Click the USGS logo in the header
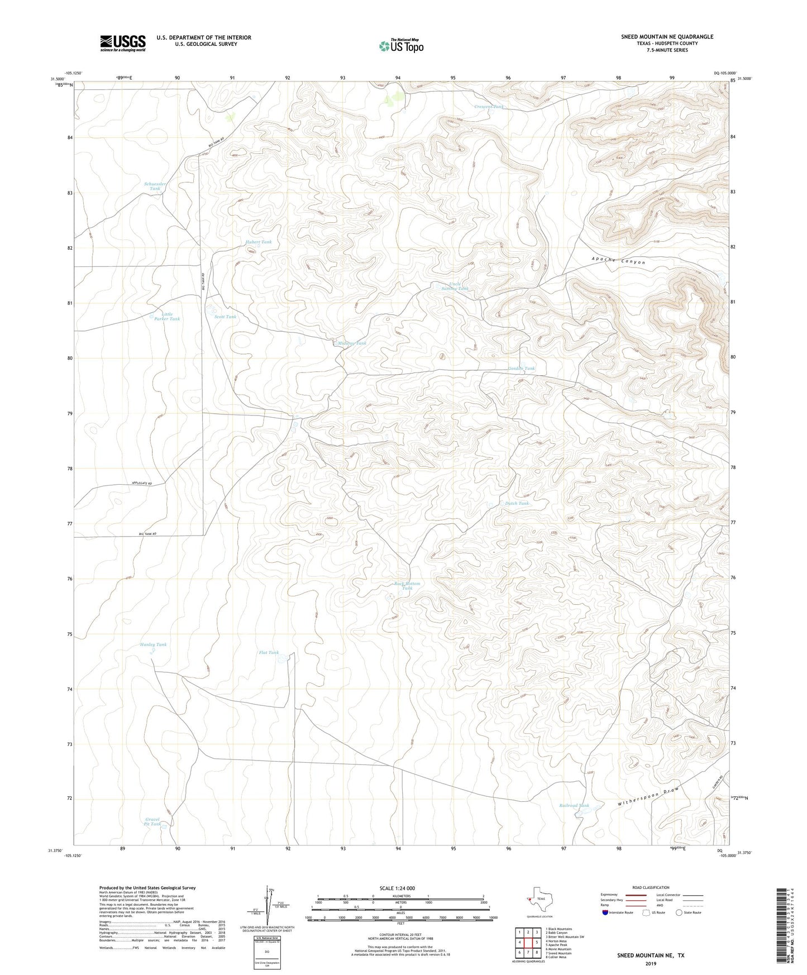pyautogui.click(x=123, y=43)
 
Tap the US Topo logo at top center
pyautogui.click(x=401, y=46)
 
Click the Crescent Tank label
pyautogui.click(x=489, y=107)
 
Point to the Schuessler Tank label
pyautogui.click(x=155, y=186)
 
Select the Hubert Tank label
pyautogui.click(x=259, y=242)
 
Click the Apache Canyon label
pyautogui.click(x=618, y=261)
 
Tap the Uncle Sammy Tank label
pyautogui.click(x=455, y=286)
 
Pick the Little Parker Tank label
pyautogui.click(x=167, y=317)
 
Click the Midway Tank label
pyautogui.click(x=352, y=343)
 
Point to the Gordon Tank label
pyautogui.click(x=521, y=369)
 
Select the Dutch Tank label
pyautogui.click(x=517, y=503)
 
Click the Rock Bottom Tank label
pyautogui.click(x=407, y=586)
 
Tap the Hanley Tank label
pyautogui.click(x=153, y=644)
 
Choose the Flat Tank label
pyautogui.click(x=269, y=652)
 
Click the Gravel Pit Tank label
pyautogui.click(x=152, y=821)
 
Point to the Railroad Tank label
pyautogui.click(x=574, y=805)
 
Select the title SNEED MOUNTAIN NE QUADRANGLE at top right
pyautogui.click(x=667, y=37)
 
